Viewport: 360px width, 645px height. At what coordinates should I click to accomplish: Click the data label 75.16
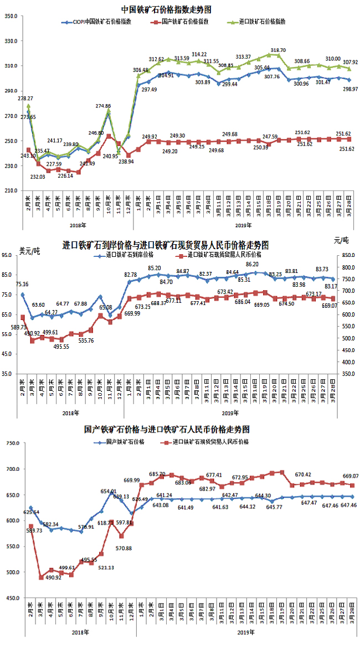pyautogui.click(x=22, y=285)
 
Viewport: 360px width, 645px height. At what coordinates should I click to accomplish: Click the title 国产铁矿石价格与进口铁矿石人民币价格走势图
pyautogui.click(x=166, y=429)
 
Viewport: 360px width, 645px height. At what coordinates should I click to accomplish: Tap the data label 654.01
pyautogui.click(x=108, y=491)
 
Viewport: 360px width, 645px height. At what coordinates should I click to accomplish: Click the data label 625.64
pyautogui.click(x=30, y=512)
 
